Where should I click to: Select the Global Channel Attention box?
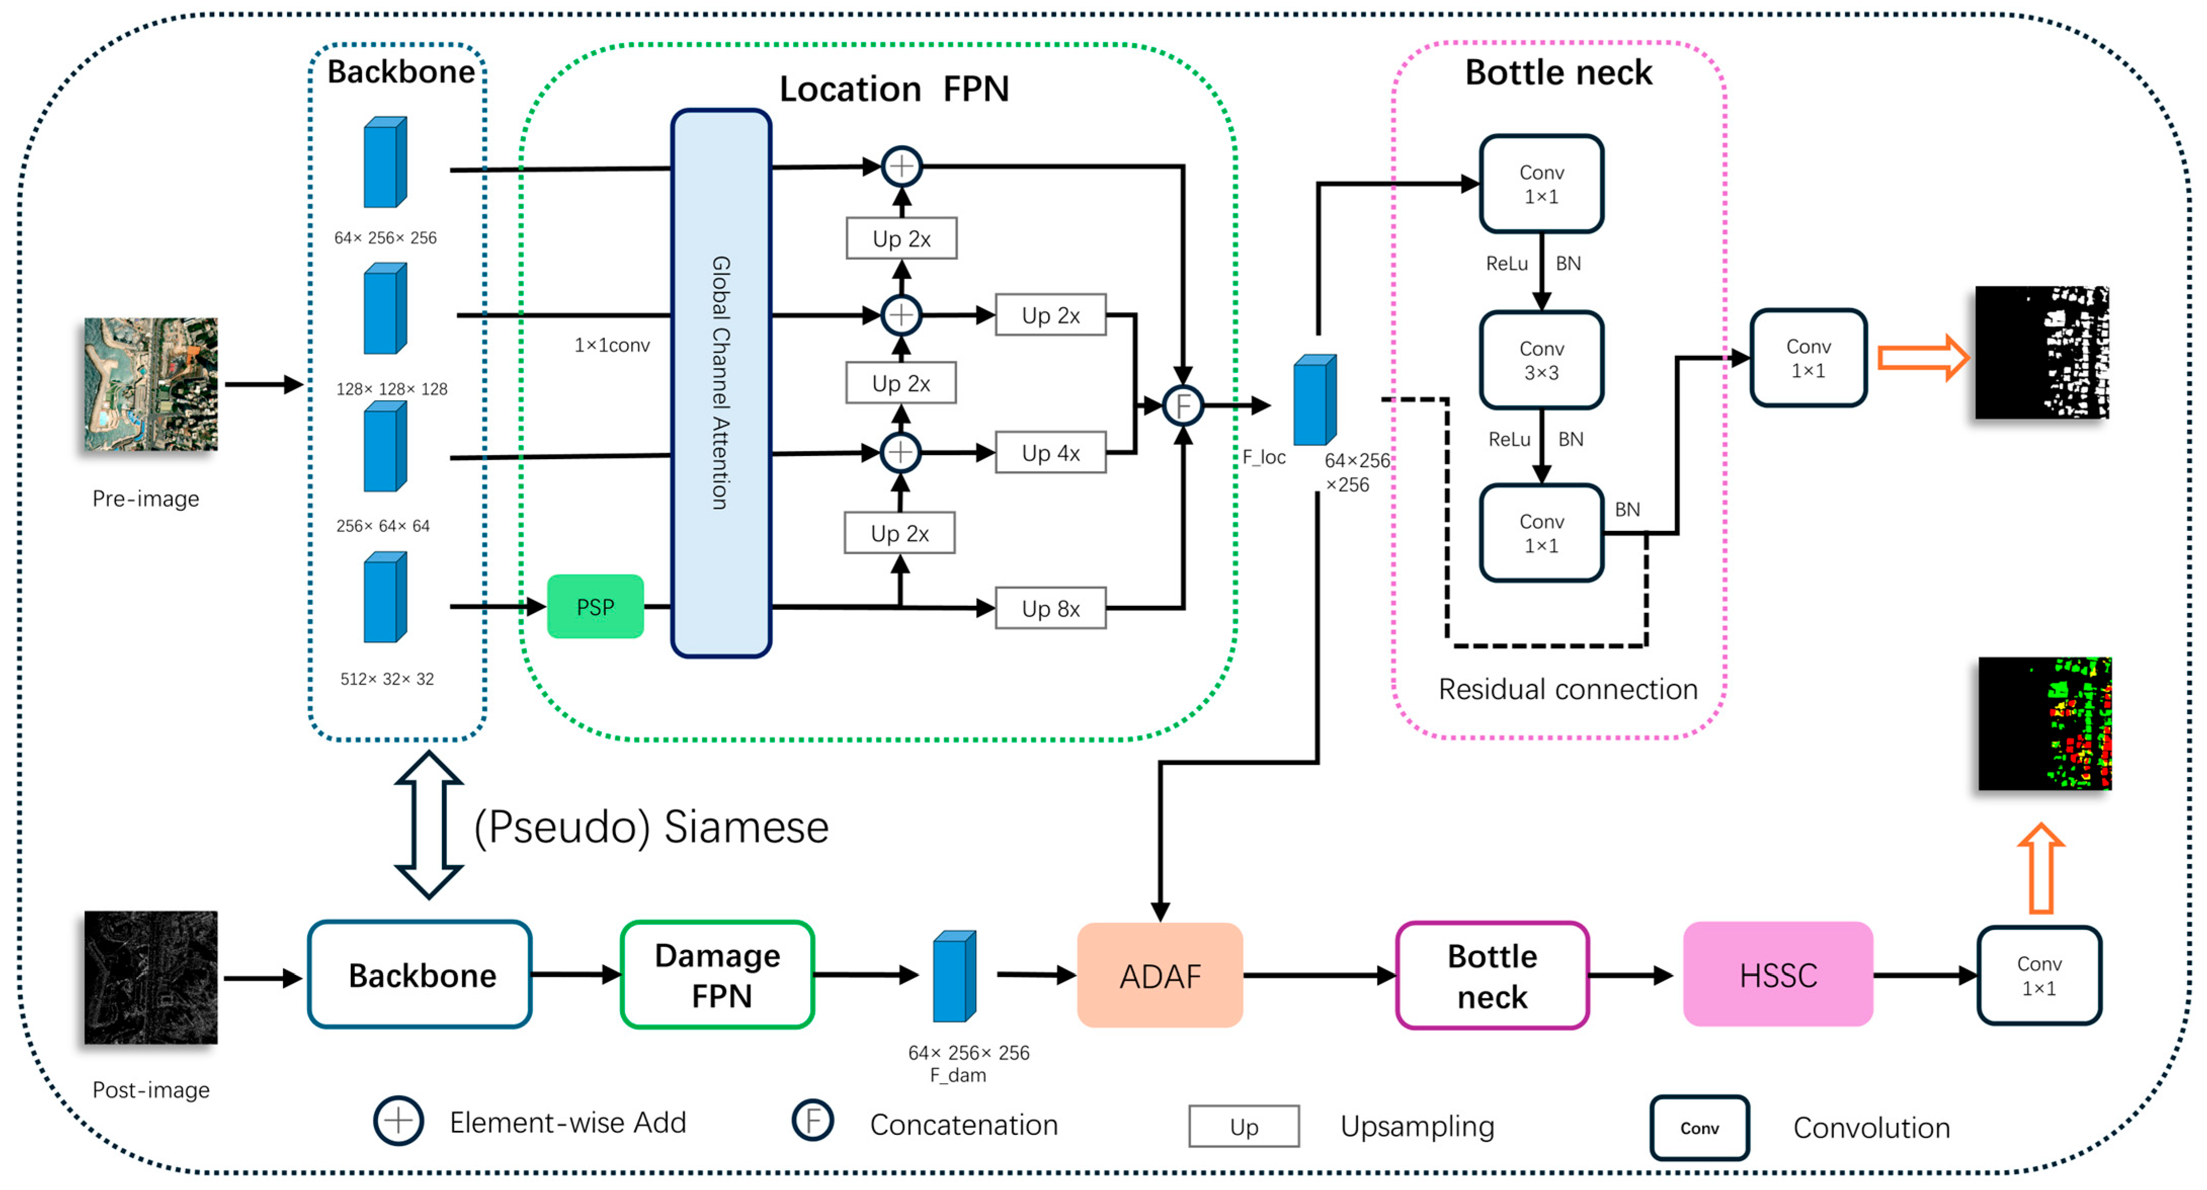721,383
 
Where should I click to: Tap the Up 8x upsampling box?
1051,608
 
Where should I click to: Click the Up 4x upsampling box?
1051,453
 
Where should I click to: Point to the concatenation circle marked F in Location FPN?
1183,405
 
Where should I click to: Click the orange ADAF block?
1159,975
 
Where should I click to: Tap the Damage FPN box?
717,975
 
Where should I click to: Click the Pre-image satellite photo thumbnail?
151,384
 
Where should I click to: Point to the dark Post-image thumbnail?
151,977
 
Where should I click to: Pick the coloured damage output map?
2044,723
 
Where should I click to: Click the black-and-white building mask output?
2042,352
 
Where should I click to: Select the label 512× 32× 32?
387,679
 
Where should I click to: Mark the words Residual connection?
1567,689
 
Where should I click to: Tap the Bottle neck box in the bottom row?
1491,975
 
